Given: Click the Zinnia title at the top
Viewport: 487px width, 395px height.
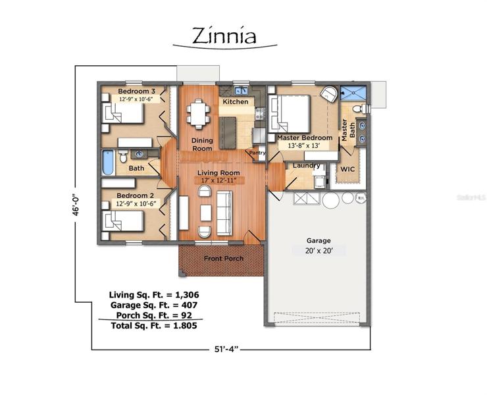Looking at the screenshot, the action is (x=224, y=36).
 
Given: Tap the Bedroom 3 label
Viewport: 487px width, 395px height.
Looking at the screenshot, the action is (x=136, y=92).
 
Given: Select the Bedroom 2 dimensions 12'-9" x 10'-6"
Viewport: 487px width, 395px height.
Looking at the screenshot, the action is (x=136, y=204).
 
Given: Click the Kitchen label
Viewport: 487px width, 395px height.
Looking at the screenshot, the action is (x=236, y=101).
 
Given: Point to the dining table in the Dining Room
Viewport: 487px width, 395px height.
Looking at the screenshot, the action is (x=198, y=114).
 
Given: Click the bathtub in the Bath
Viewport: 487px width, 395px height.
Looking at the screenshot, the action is (x=109, y=163).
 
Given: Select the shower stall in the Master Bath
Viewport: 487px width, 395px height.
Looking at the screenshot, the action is (x=353, y=93).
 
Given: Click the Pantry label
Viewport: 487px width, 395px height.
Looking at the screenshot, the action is (x=257, y=153).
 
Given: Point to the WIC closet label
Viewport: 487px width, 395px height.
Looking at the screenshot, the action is (x=347, y=169).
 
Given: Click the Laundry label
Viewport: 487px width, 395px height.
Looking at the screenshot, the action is (x=306, y=166).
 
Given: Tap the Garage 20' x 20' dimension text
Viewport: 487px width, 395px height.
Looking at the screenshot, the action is (x=319, y=251).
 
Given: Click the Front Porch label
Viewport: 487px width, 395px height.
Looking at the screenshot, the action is (x=224, y=259).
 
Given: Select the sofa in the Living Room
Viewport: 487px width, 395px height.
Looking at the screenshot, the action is (x=224, y=213).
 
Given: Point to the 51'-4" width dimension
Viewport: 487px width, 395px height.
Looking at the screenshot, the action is (x=226, y=350).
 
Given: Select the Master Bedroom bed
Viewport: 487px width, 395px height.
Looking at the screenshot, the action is (x=290, y=114).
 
